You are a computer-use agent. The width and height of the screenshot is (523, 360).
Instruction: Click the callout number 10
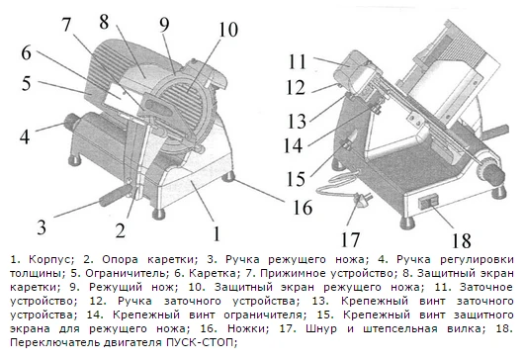(x=228, y=30)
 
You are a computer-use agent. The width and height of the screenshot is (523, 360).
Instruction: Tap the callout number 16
(x=303, y=207)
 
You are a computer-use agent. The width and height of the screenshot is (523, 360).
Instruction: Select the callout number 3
(x=42, y=226)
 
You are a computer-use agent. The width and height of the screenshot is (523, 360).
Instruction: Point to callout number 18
(x=462, y=240)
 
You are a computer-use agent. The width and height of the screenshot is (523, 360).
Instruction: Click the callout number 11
(x=298, y=61)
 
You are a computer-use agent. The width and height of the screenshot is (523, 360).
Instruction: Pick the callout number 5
(x=27, y=83)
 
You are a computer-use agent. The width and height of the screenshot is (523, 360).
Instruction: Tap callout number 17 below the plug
(x=350, y=239)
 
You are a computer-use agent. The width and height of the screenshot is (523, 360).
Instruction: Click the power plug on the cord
(x=361, y=200)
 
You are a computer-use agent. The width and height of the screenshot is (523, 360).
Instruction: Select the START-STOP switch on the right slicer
(x=427, y=202)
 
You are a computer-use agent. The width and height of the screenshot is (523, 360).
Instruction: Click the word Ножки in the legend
(x=247, y=328)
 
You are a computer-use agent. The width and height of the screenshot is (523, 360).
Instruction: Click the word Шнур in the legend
(x=321, y=328)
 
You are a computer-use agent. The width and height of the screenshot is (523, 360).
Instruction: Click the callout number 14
(x=294, y=145)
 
